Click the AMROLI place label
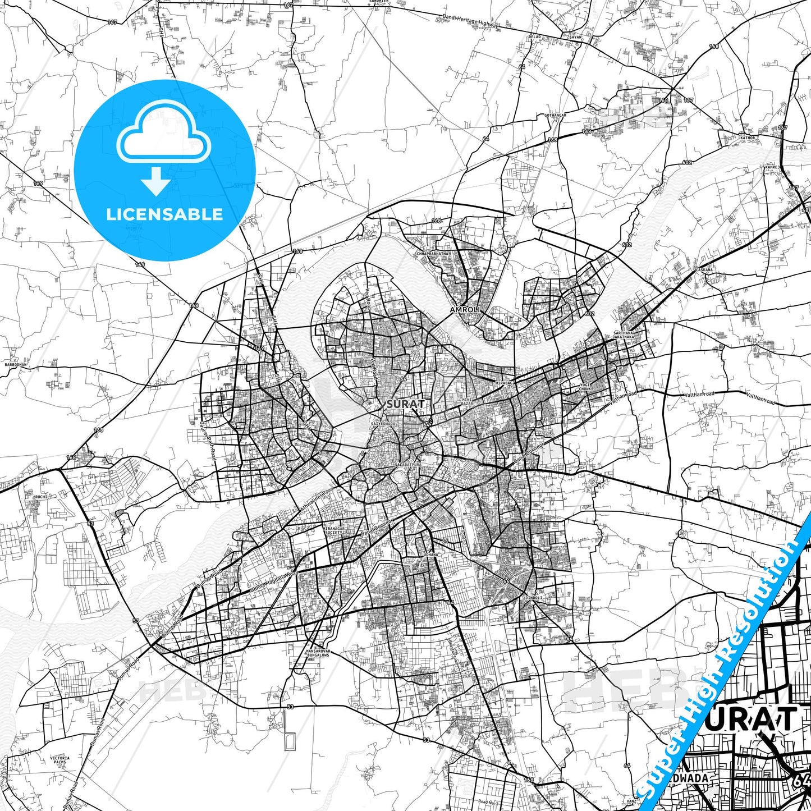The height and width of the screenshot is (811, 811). (463, 309)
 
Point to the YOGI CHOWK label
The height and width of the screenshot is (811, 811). (585, 387)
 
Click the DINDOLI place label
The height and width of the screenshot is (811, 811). (533, 598)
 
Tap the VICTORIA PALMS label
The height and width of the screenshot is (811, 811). (59, 760)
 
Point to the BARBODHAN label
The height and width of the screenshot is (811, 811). (15, 365)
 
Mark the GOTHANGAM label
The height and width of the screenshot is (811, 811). (555, 115)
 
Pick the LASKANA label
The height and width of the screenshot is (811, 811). (704, 270)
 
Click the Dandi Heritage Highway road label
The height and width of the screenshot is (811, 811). (470, 22)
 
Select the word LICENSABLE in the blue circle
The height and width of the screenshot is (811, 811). (164, 214)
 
